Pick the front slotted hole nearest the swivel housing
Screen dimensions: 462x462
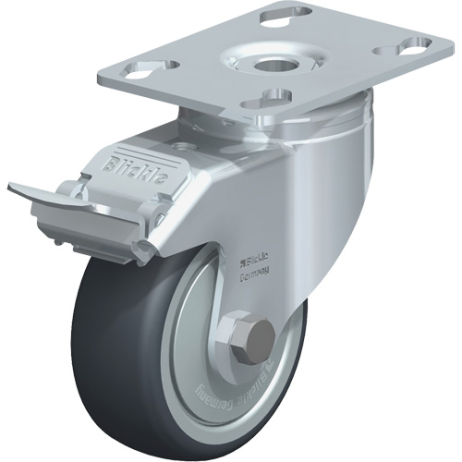[278, 96]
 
